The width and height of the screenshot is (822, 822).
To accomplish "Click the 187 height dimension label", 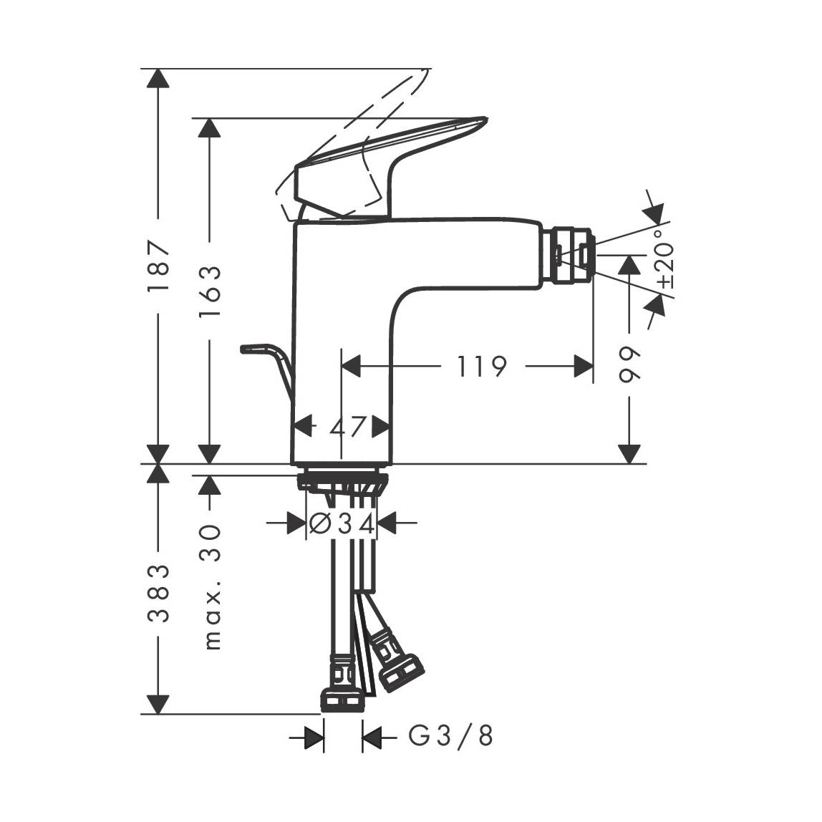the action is [x=158, y=265].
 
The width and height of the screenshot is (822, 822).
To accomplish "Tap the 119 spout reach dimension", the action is [x=482, y=367].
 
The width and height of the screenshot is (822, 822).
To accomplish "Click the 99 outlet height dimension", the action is [x=629, y=364].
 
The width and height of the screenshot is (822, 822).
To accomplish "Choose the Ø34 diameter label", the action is [x=342, y=523].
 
